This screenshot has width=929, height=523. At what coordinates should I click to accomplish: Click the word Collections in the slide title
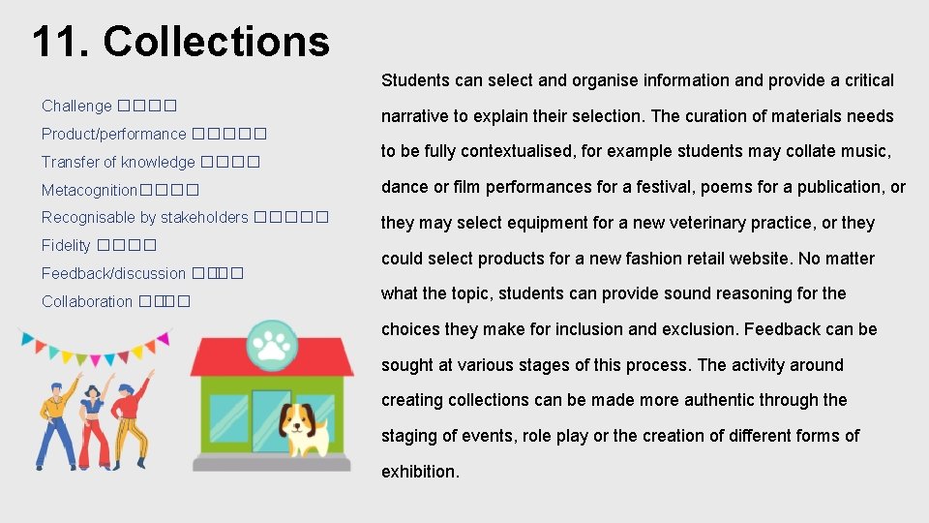(216, 42)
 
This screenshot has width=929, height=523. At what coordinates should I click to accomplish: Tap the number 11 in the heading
(60, 42)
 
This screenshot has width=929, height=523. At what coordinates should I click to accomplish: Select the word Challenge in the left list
(76, 106)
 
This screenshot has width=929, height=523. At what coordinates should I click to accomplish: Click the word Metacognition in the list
(89, 190)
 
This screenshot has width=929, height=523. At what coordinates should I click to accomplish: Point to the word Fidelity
(66, 246)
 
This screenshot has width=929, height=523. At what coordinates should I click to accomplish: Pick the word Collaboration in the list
(87, 302)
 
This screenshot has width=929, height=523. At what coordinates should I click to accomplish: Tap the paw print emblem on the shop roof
(271, 342)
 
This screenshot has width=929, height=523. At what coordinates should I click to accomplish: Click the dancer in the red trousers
(93, 416)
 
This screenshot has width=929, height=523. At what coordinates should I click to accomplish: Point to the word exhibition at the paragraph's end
(419, 472)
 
